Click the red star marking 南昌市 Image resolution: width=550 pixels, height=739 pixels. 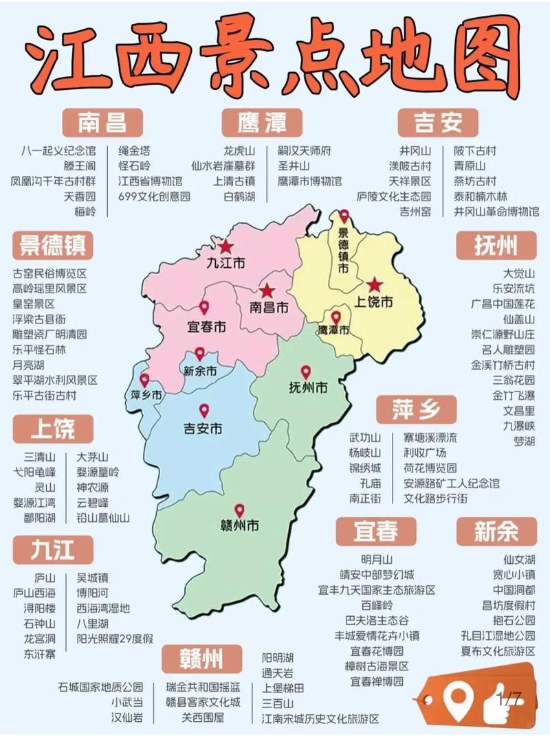pyautogui.click(x=267, y=292)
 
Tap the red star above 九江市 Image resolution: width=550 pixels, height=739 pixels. pyautogui.click(x=225, y=247)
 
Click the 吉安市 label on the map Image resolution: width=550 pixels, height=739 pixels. pyautogui.click(x=203, y=429)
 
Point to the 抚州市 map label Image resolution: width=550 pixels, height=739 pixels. pyautogui.click(x=308, y=387)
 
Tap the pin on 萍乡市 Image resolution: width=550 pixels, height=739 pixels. pyautogui.click(x=144, y=380)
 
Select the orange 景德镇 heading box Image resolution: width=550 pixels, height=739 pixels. pyautogui.click(x=54, y=244)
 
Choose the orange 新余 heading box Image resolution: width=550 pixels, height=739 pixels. pyautogui.click(x=496, y=530)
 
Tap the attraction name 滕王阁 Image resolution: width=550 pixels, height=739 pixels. pyautogui.click(x=80, y=166)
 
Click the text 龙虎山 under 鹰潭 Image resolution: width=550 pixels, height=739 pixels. pyautogui.click(x=239, y=150)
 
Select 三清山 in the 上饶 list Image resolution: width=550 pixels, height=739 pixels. pyautogui.click(x=40, y=456)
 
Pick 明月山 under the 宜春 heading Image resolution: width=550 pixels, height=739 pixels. pyautogui.click(x=377, y=558)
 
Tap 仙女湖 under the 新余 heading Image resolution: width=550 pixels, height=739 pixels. pyautogui.click(x=519, y=558)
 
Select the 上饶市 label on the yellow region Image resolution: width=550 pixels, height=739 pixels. pyautogui.click(x=373, y=302)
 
